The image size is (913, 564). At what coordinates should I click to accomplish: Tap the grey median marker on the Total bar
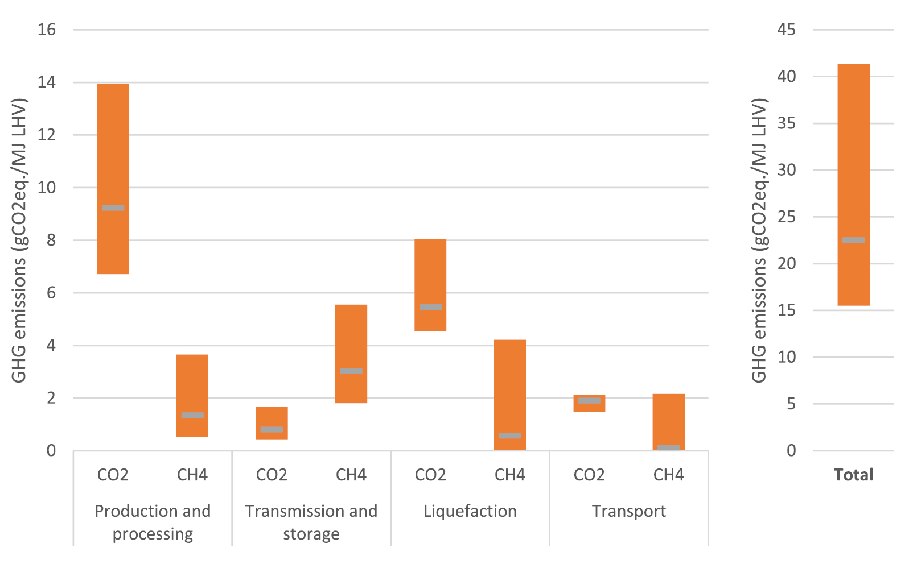point(853,240)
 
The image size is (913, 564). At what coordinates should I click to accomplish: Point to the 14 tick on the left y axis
point(47,82)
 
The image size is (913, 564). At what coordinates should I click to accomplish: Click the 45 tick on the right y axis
point(787,30)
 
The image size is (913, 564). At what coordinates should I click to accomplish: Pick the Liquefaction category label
point(470,511)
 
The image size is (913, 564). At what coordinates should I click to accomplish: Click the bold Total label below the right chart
point(853,475)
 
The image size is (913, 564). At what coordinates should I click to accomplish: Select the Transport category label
point(628,511)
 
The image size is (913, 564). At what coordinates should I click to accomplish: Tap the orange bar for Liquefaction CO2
point(430,273)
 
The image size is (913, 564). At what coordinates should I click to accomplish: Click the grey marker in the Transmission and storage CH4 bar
point(351,371)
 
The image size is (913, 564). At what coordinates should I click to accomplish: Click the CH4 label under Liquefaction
point(509,475)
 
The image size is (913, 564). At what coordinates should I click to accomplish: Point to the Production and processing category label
point(153,522)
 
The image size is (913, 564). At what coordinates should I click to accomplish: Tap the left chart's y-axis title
point(19,240)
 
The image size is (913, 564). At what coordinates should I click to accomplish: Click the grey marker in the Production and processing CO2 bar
point(113,208)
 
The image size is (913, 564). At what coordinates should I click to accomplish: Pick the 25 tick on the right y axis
point(787,217)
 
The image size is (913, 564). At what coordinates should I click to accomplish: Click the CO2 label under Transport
point(589,475)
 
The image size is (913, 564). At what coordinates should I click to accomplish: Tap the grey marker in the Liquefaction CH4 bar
point(509,436)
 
